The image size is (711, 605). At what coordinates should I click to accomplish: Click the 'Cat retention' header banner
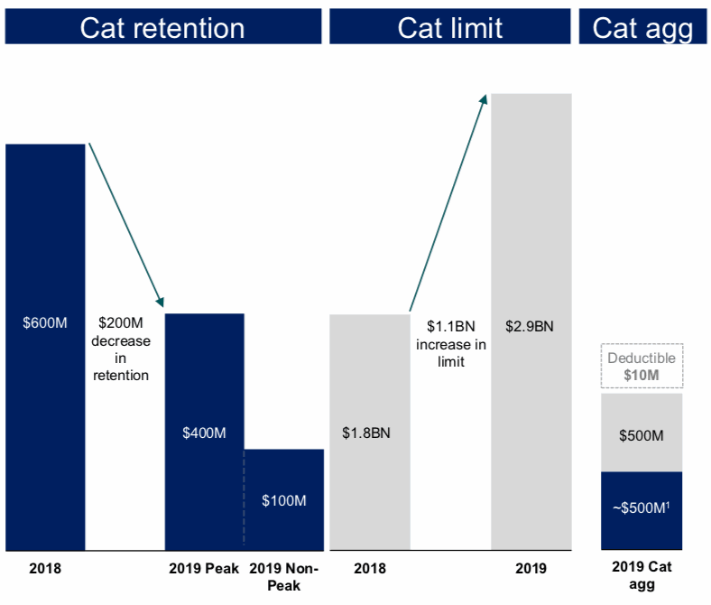click(x=162, y=27)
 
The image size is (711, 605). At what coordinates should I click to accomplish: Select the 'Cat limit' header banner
click(x=450, y=27)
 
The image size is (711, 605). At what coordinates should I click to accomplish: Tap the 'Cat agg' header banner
click(x=642, y=27)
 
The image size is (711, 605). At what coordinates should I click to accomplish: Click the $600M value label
click(x=45, y=322)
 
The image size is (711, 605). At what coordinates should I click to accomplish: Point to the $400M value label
click(x=204, y=433)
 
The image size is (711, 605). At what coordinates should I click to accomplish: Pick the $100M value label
click(x=283, y=500)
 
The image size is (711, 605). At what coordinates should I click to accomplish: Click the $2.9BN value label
click(x=530, y=326)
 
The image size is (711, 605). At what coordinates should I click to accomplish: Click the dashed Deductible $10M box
click(x=641, y=366)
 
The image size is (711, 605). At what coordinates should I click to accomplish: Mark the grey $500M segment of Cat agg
click(x=642, y=435)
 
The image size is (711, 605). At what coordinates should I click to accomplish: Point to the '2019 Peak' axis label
click(x=204, y=569)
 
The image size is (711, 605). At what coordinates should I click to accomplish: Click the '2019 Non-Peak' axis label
click(x=283, y=576)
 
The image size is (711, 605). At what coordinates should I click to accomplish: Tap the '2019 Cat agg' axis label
click(x=642, y=576)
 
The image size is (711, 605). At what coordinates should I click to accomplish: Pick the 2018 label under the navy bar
click(x=45, y=569)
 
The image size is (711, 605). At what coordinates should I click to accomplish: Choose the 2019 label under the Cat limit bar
click(x=530, y=569)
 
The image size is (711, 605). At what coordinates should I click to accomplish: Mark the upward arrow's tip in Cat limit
click(x=485, y=96)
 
